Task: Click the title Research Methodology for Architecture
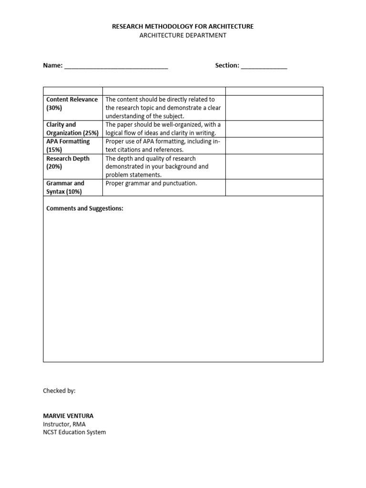point(183,27)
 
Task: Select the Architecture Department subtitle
point(183,36)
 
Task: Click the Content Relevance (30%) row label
point(72,103)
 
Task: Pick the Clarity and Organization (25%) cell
point(72,129)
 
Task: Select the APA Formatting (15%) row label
point(68,145)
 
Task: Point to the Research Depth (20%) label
point(68,163)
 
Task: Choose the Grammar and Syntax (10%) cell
point(65,187)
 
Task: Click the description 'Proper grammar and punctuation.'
point(151,183)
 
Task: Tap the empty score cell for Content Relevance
point(274,108)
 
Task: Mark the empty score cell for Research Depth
point(274,166)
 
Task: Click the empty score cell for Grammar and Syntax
point(274,187)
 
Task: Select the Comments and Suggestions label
point(85,209)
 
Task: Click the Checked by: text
point(59,391)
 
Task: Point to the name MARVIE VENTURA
point(68,416)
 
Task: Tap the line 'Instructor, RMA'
point(64,424)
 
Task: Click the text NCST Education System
point(74,432)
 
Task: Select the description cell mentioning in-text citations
point(163,145)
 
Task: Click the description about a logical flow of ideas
point(163,129)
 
